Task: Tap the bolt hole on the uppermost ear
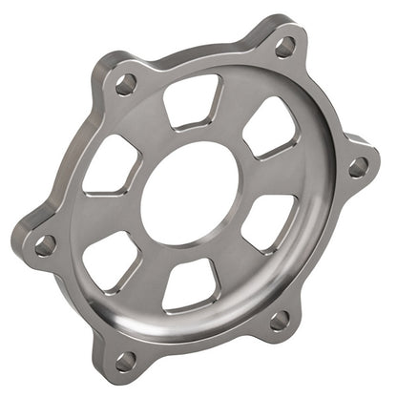click(284, 46)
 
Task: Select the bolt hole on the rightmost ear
click(359, 167)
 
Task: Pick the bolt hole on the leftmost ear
click(45, 244)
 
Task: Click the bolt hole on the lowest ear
click(125, 360)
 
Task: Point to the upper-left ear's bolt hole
click(125, 84)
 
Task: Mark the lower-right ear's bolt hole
click(280, 321)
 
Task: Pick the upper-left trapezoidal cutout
click(113, 164)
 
